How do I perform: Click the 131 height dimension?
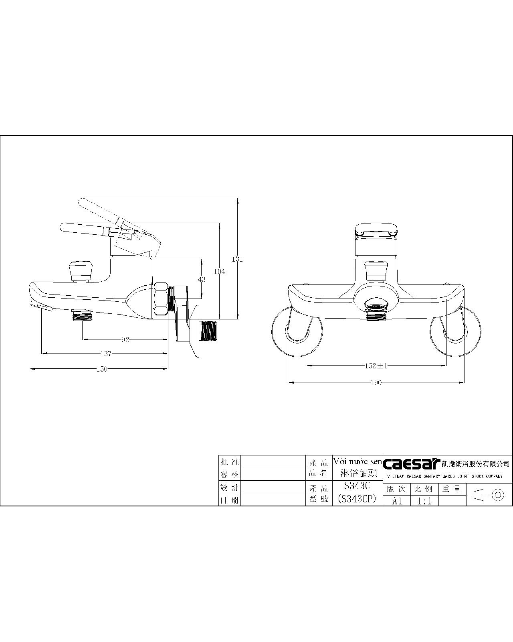[x=237, y=259]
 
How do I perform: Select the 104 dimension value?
[x=219, y=272]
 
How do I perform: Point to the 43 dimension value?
[x=202, y=279]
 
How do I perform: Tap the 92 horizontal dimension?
[x=125, y=340]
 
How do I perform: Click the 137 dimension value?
[x=105, y=354]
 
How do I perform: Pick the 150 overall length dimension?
[x=102, y=369]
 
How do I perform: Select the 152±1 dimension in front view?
[x=376, y=366]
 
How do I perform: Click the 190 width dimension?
[x=376, y=383]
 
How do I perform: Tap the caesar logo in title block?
[x=412, y=464]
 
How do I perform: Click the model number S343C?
[x=357, y=486]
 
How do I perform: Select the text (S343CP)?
[x=357, y=500]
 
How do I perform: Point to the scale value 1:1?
[x=424, y=501]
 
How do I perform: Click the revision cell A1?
[x=397, y=501]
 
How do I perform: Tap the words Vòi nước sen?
[x=357, y=461]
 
